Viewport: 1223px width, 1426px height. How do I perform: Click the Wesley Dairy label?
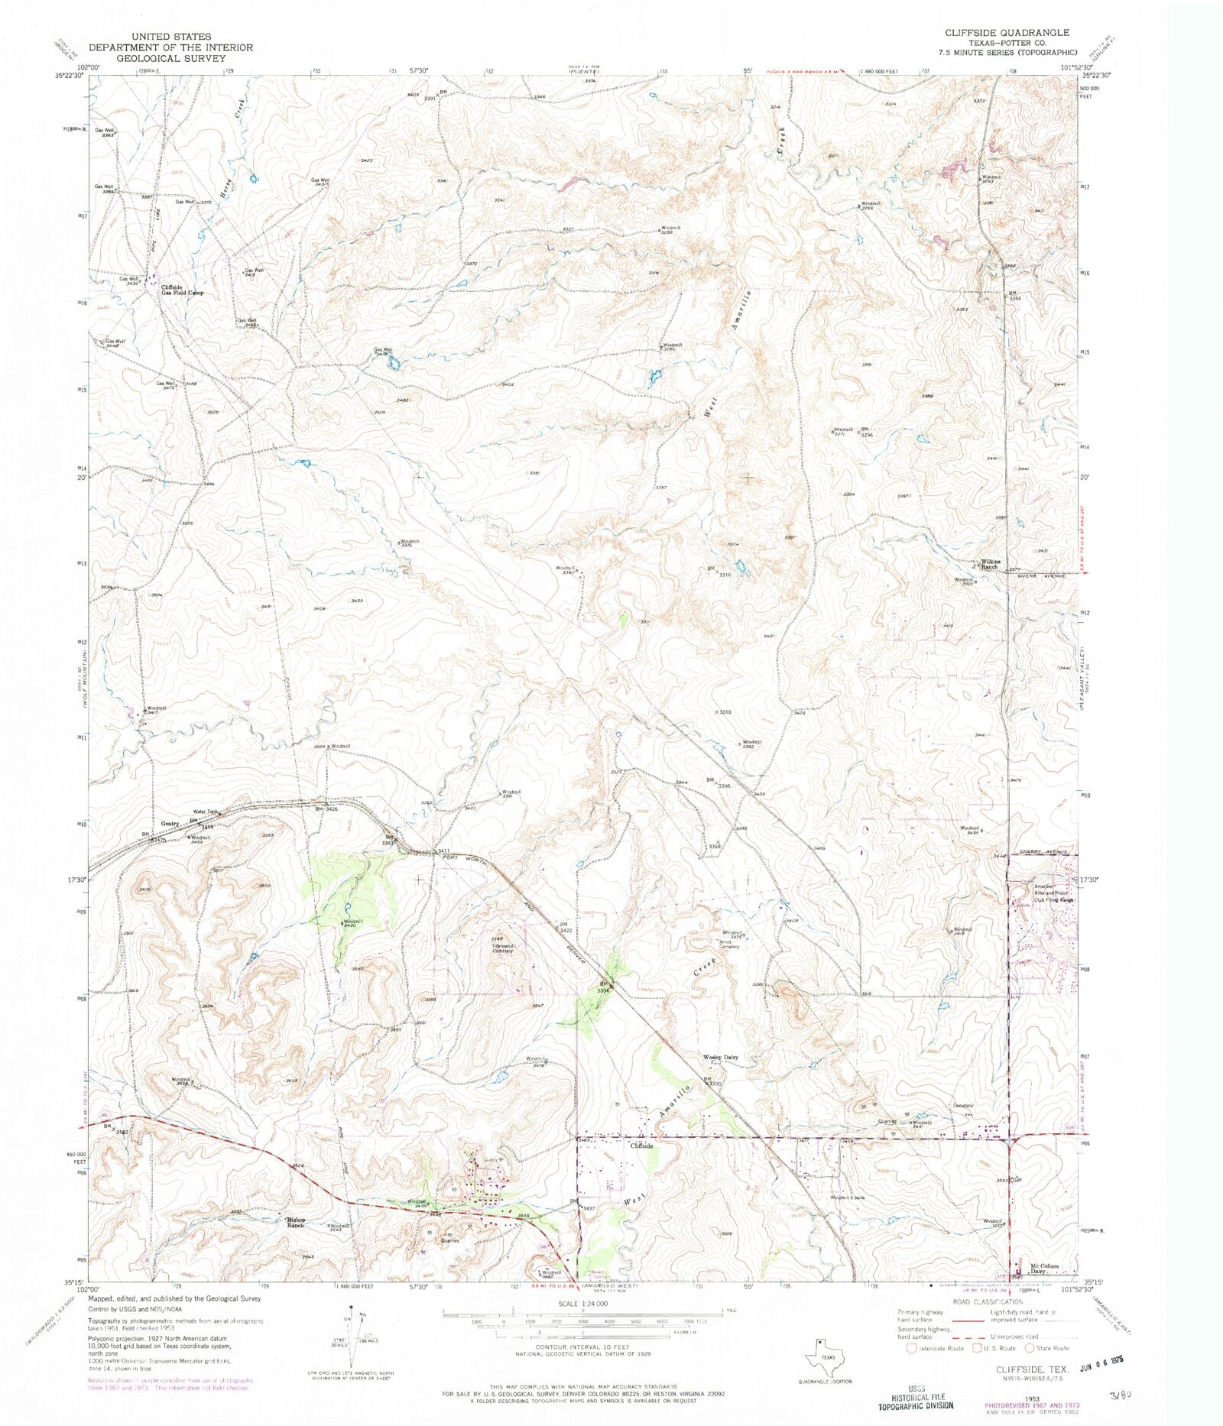click(x=720, y=1058)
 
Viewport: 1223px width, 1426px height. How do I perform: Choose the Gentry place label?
click(x=170, y=824)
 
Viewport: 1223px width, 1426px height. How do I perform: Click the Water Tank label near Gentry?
click(x=206, y=812)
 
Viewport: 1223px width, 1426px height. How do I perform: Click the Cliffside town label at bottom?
click(x=641, y=1146)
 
